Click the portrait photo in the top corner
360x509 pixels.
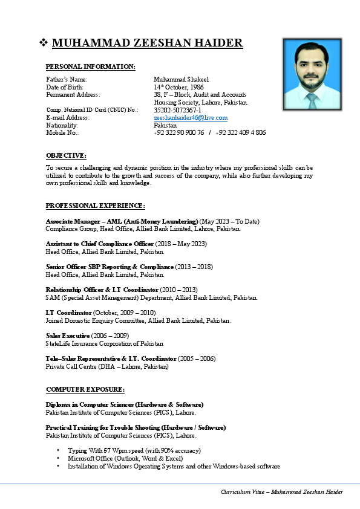pyautogui.click(x=311, y=74)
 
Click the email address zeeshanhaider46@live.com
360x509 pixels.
pyautogui.click(x=191, y=118)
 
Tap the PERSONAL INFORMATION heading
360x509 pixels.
pyautogui.click(x=91, y=66)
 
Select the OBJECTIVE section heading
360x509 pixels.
pyautogui.click(x=66, y=155)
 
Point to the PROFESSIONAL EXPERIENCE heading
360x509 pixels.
pyautogui.click(x=96, y=206)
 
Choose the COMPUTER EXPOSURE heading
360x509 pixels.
pyautogui.click(x=85, y=389)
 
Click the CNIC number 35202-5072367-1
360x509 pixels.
pyautogui.click(x=177, y=110)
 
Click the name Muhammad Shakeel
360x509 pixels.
pyautogui.click(x=181, y=79)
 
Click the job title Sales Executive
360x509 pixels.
pyautogui.click(x=68, y=335)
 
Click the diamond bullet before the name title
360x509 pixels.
pyautogui.click(x=44, y=43)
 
